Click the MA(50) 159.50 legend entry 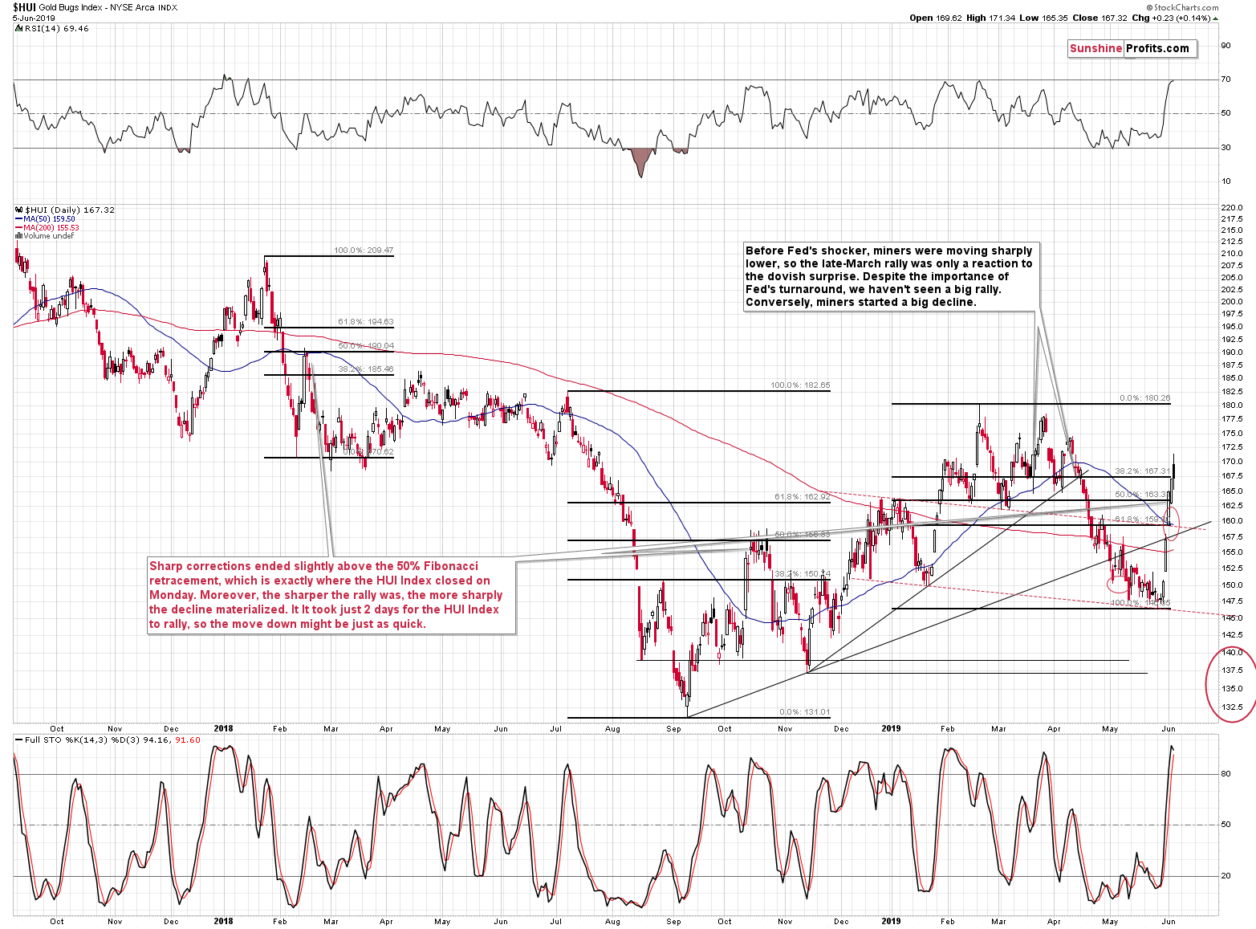49,219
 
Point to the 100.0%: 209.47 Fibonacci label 364,251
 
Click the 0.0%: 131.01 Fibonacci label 804,712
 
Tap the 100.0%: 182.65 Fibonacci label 800,385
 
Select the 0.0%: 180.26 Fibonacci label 1144,398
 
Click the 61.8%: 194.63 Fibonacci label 365,322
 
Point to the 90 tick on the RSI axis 1226,46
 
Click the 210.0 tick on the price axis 1231,254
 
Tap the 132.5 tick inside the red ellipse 1231,707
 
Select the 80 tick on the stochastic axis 1226,774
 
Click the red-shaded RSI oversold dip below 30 640,161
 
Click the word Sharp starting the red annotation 165,566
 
